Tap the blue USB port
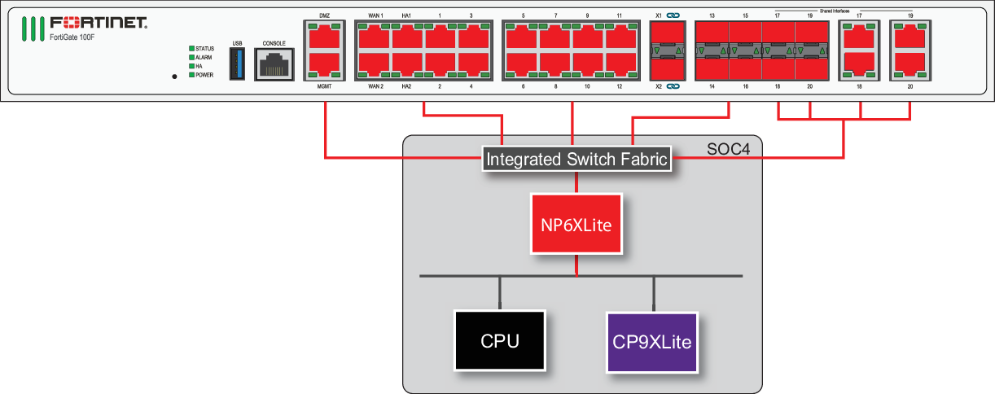point(237,63)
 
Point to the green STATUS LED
point(192,49)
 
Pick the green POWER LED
point(192,75)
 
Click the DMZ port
point(324,37)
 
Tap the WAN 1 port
point(375,37)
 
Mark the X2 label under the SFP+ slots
point(659,85)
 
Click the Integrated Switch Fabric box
point(577,160)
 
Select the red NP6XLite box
point(577,223)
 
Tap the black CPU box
point(500,341)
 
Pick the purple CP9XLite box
point(651,341)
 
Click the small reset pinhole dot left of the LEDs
point(174,77)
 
